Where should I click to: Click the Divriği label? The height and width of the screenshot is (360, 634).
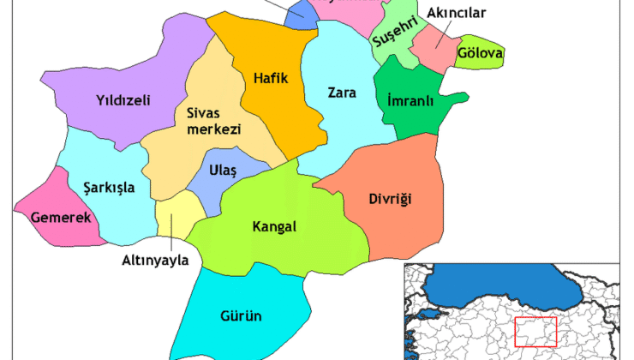(x=392, y=200)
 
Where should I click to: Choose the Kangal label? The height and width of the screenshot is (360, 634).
(x=274, y=227)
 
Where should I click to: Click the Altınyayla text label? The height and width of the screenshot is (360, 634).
(x=156, y=261)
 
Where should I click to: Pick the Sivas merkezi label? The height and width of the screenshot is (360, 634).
(x=212, y=120)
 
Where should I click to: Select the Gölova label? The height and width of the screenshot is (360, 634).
(x=480, y=53)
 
